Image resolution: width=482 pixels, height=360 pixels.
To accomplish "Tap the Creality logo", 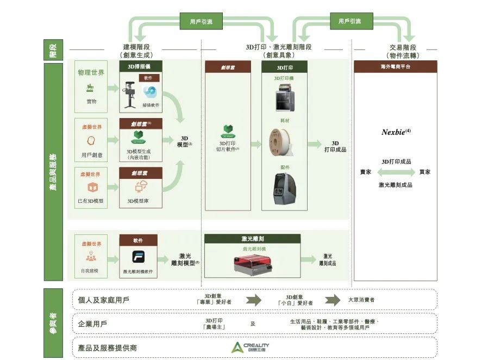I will (251, 347).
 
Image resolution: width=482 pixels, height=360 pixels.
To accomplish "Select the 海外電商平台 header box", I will (395, 66).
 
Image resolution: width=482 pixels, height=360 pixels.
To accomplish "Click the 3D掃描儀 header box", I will (138, 67).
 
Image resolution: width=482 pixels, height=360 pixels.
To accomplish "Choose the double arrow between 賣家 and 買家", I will (395, 172).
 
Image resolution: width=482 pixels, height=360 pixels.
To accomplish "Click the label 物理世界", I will (91, 72).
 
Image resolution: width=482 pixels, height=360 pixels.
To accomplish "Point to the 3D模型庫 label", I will (138, 201).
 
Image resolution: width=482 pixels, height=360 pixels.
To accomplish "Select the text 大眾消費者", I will (361, 300).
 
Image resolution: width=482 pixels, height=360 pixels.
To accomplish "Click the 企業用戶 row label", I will (93, 324).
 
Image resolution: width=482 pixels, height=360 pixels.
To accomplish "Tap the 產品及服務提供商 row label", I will (108, 347).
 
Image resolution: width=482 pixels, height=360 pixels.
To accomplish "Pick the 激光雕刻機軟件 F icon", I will (138, 257).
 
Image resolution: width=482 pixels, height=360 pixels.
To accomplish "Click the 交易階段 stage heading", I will (403, 47).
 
